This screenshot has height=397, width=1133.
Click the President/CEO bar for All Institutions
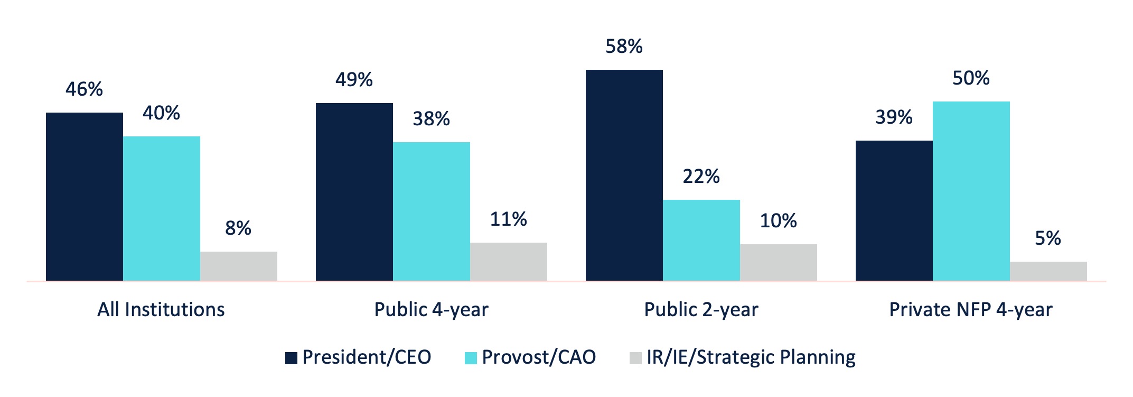click(x=85, y=197)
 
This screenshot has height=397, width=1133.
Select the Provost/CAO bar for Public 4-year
click(x=431, y=211)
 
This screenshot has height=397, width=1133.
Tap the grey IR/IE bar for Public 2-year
click(x=778, y=262)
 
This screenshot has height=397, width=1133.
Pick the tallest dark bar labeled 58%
click(x=624, y=175)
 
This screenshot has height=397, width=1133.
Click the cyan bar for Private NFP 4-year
click(x=971, y=191)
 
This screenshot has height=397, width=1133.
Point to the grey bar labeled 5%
click(x=1048, y=271)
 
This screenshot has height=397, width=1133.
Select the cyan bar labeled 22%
click(x=701, y=240)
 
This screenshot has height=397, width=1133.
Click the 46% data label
click(x=85, y=89)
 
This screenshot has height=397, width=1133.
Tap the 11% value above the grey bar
click(x=508, y=219)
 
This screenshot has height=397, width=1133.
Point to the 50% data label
click(x=971, y=78)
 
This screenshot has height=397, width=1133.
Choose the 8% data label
click(x=238, y=228)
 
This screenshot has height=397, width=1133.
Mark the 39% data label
click(x=894, y=117)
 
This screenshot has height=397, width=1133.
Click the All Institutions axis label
click(x=161, y=310)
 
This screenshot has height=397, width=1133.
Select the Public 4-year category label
click(x=431, y=310)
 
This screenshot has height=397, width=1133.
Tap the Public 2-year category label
click(x=701, y=310)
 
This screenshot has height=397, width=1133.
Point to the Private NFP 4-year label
click(x=971, y=310)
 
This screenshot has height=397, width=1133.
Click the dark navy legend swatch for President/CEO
click(x=291, y=358)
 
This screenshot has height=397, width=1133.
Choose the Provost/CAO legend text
click(x=539, y=357)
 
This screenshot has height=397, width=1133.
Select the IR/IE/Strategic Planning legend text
click(x=751, y=357)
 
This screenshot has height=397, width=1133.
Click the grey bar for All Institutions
click(x=238, y=266)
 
